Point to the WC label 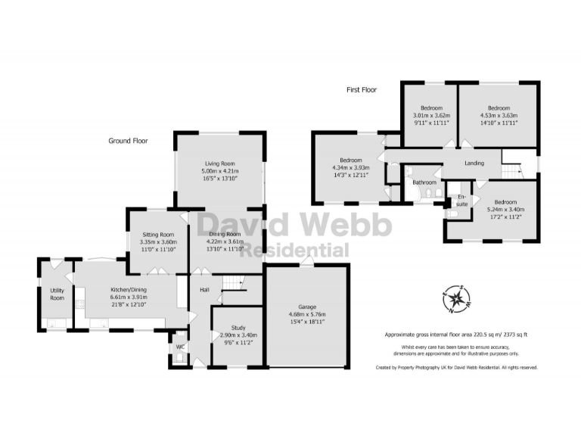pyautogui.click(x=179, y=347)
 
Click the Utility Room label pyautogui.click(x=57, y=294)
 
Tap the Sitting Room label pyautogui.click(x=157, y=235)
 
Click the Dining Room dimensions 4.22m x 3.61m pyautogui.click(x=226, y=241)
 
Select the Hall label pyautogui.click(x=204, y=289)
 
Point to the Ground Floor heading pyautogui.click(x=128, y=141)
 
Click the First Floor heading pyautogui.click(x=362, y=89)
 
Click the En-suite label pyautogui.click(x=462, y=200)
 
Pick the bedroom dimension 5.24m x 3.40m pyautogui.click(x=505, y=210)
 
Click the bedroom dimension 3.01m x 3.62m pyautogui.click(x=431, y=115)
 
